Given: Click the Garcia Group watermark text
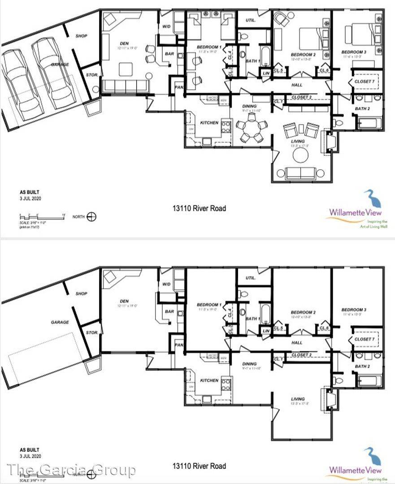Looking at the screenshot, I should (x=72, y=470).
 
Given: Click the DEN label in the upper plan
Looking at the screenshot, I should (x=124, y=44).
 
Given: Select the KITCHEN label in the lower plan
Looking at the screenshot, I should (x=197, y=380).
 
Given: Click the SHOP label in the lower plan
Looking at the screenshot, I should (x=81, y=294).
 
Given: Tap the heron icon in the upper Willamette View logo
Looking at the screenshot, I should (x=370, y=199).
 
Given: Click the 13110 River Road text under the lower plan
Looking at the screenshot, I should (x=200, y=466).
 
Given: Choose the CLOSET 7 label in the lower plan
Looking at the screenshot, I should (x=364, y=339).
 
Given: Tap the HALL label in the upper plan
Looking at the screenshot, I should (x=297, y=85).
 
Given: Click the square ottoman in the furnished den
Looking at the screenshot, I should (x=127, y=69).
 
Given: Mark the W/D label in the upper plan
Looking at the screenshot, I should (x=166, y=26).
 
